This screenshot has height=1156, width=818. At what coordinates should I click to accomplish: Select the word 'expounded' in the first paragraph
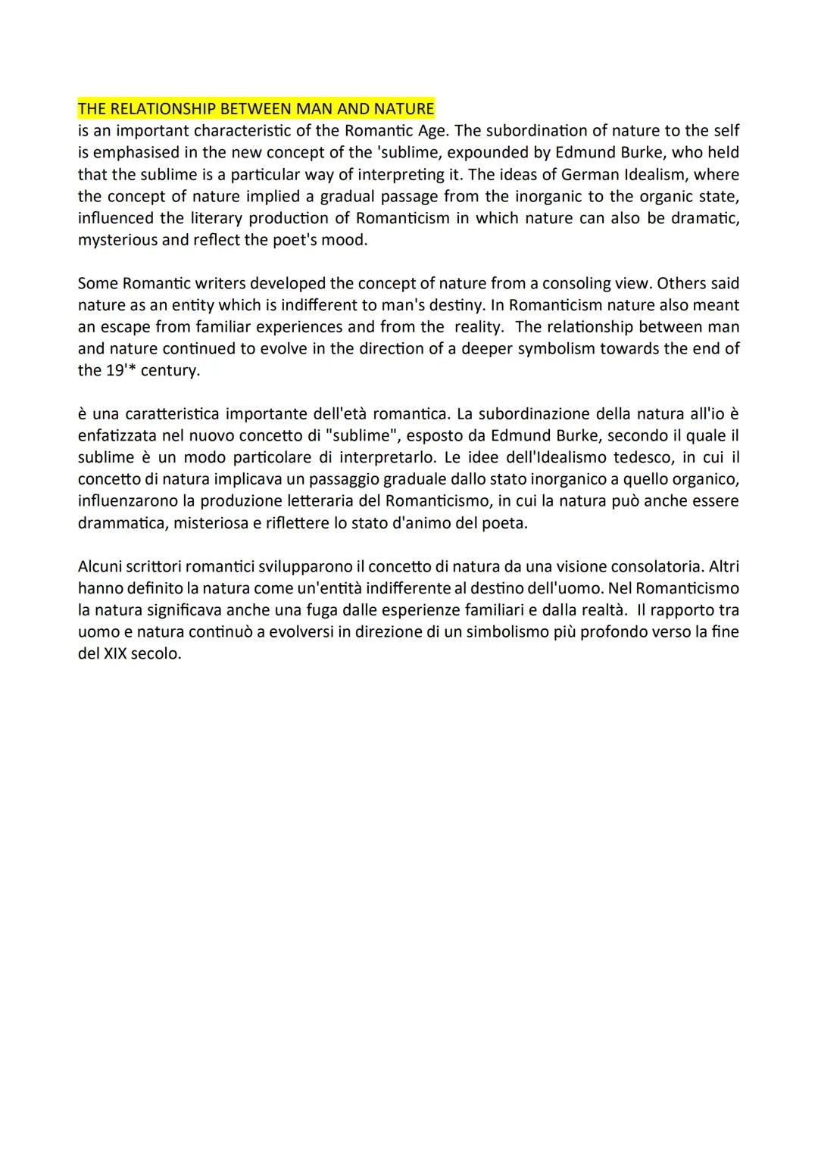click(485, 153)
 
